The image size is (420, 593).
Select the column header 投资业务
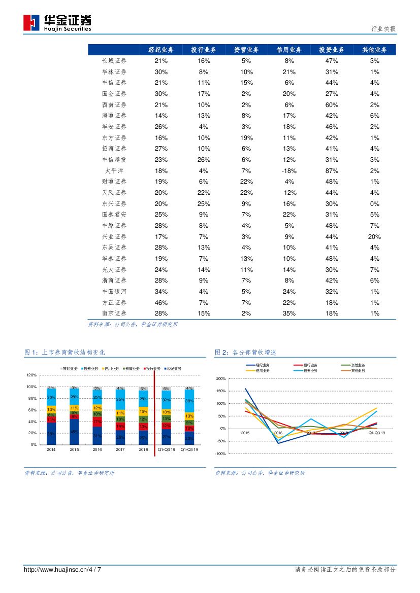tap(332, 50)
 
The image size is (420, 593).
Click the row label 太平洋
tap(114, 171)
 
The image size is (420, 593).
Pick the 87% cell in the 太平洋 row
tap(332, 171)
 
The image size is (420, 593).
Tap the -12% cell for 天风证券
tap(289, 193)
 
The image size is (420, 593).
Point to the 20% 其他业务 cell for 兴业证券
tap(374, 237)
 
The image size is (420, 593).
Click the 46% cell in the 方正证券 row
tap(161, 303)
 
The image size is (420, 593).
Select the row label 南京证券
tap(114, 313)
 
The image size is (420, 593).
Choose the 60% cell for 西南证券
tap(332, 104)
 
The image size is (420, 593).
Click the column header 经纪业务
tap(161, 50)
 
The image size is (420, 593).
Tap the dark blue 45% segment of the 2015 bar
tap(74, 432)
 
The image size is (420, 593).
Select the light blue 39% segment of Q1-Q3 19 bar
tap(189, 401)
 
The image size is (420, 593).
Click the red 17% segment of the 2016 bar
tap(97, 421)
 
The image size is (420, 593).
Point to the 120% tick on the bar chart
tap(31, 375)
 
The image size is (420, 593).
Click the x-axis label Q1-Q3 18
tap(166, 450)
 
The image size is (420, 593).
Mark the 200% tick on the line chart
tap(220, 379)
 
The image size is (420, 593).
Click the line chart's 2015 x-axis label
tap(245, 433)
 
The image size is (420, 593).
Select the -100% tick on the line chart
tap(220, 454)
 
